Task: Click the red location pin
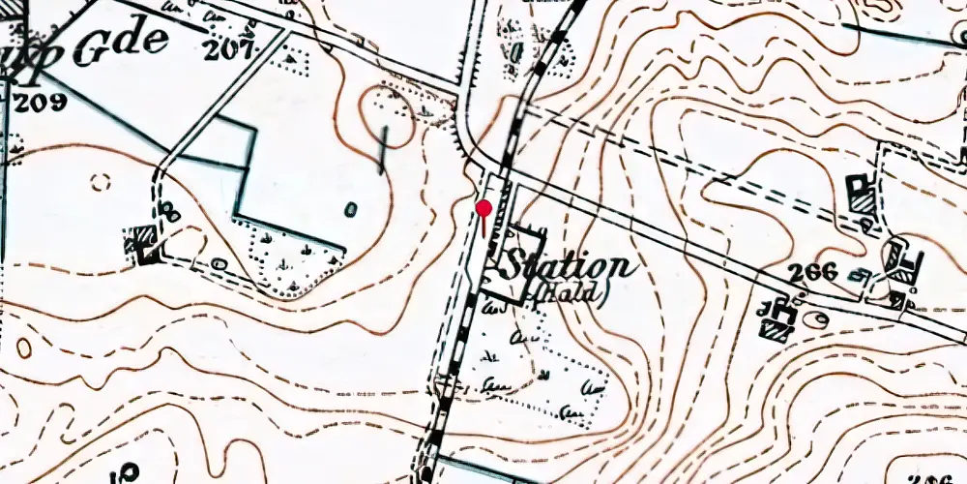click(483, 208)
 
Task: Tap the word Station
click(568, 265)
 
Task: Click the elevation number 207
click(229, 50)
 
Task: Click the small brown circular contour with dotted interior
click(387, 114)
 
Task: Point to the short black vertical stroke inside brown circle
click(385, 148)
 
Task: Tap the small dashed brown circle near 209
click(100, 181)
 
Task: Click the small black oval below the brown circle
click(350, 207)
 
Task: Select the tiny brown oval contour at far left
click(23, 348)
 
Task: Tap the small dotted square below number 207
click(290, 61)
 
